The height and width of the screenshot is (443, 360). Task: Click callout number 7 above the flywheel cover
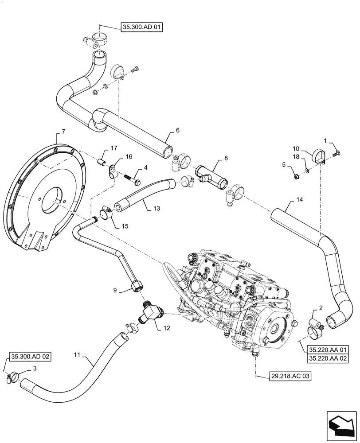tap(63, 132)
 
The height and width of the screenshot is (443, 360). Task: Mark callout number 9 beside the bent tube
tap(115, 291)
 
